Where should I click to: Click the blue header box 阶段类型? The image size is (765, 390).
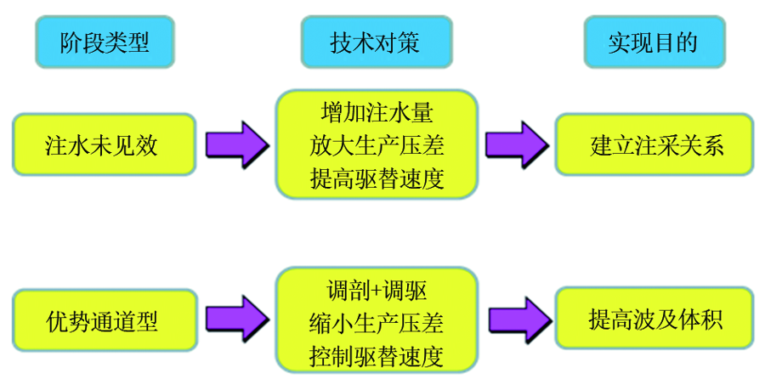[105, 42]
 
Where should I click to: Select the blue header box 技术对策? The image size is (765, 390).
[377, 42]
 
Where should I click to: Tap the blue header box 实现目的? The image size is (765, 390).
[654, 42]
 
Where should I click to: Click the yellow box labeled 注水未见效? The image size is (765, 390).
[104, 144]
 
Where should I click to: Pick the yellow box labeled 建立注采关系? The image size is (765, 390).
[654, 144]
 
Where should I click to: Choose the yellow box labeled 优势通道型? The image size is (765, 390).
[105, 320]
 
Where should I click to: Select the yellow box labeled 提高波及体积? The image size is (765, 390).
[654, 319]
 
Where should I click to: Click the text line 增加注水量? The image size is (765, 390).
[377, 113]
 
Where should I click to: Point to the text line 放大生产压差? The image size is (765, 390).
[377, 145]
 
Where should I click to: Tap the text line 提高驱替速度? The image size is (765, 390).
[377, 178]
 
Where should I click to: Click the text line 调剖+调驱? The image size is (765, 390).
[377, 291]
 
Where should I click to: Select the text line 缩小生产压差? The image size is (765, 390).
[377, 323]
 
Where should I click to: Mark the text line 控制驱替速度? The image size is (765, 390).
[377, 356]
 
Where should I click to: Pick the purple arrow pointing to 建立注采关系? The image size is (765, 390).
[517, 145]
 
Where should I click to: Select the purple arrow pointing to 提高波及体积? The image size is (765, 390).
[520, 319]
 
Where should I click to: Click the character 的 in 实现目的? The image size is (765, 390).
[688, 42]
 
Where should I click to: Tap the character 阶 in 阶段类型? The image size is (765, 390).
[71, 42]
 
